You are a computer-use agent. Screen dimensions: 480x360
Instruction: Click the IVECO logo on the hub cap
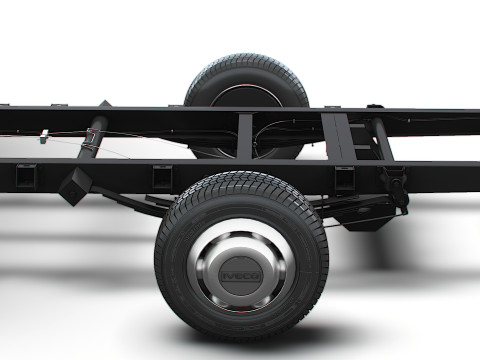tap(241, 276)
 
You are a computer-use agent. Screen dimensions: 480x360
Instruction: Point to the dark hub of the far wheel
tap(247, 96)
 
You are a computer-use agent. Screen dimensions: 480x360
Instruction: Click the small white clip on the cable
tap(44, 137)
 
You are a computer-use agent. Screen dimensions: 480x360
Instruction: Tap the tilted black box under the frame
tap(75, 187)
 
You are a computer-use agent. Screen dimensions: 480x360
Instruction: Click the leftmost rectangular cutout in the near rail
tap(26, 176)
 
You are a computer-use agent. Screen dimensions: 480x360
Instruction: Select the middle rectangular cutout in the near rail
tap(162, 177)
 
